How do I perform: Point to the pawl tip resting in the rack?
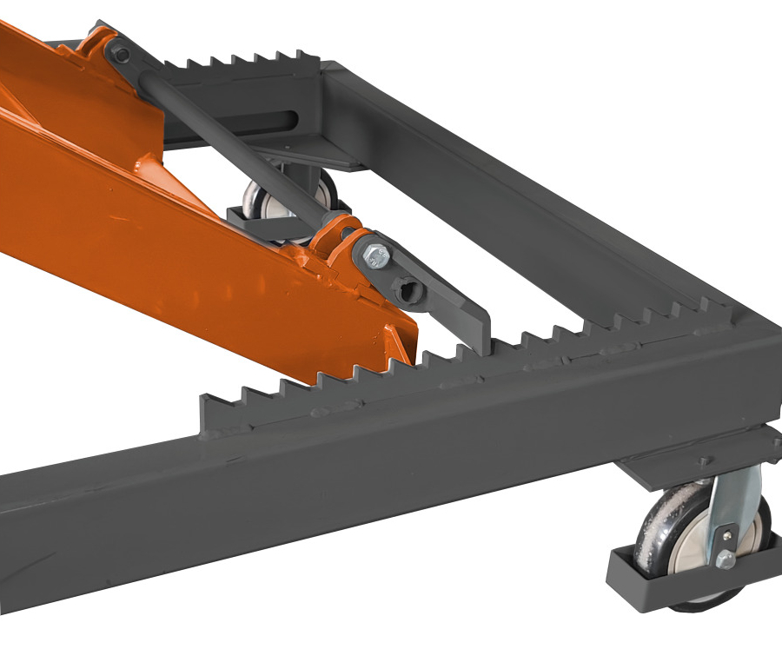pyautogui.click(x=480, y=342)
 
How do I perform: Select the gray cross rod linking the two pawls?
pyautogui.click(x=235, y=139)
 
